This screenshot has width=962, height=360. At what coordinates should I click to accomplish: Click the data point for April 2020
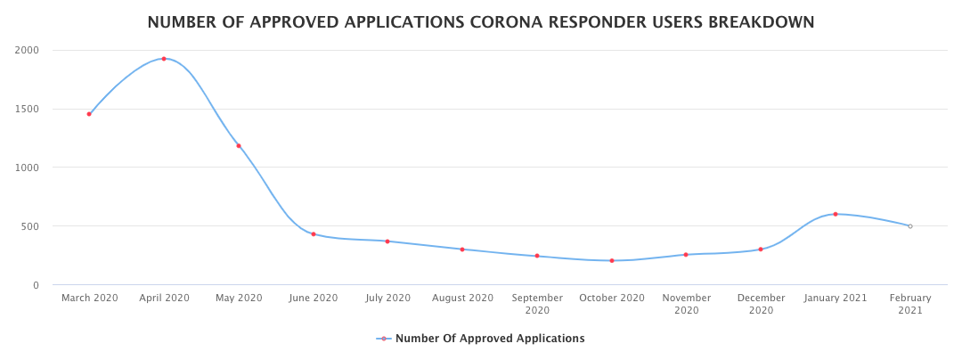[164, 59]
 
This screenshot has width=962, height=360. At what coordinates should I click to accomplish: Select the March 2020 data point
[89, 114]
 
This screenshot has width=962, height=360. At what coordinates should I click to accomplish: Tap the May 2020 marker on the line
[239, 146]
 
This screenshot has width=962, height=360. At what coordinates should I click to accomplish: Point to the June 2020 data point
[314, 234]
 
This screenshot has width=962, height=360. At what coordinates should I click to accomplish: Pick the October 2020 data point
[612, 261]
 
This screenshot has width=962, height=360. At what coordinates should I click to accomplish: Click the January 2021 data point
[836, 214]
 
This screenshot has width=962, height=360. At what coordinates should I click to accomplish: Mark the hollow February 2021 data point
[909, 226]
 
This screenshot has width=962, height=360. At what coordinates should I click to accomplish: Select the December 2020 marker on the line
[761, 250]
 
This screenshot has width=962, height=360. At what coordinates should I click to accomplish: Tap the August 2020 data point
[462, 250]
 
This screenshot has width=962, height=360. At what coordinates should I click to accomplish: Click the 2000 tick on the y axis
[27, 50]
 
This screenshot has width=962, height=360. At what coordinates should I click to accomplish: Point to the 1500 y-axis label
[27, 109]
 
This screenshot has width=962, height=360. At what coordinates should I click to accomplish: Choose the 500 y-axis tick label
[30, 226]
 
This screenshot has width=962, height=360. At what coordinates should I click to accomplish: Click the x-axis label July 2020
[387, 298]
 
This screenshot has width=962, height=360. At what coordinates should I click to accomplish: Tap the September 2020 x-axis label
[537, 304]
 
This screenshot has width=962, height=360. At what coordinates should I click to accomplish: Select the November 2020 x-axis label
[686, 304]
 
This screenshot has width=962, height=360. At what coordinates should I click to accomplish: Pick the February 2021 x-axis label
[909, 304]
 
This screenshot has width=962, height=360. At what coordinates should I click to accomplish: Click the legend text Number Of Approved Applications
[490, 339]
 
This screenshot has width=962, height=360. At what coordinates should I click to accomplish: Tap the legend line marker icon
[384, 339]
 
